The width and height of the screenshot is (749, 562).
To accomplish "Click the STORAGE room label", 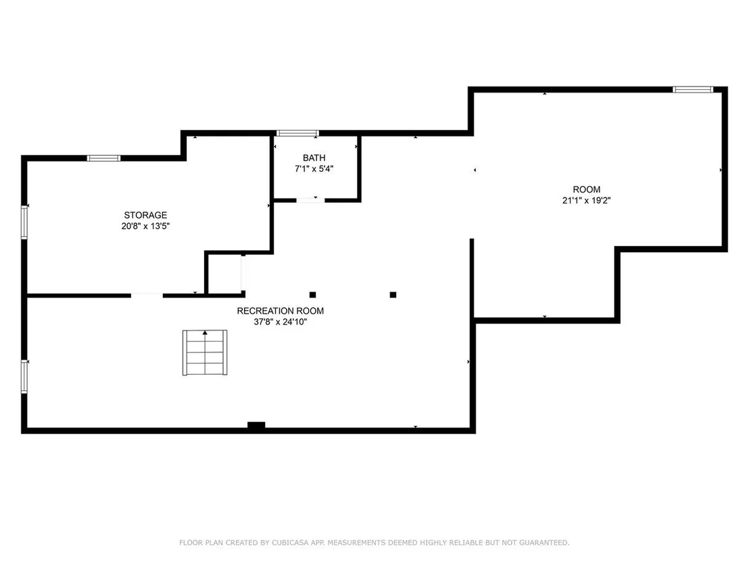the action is tap(145, 215).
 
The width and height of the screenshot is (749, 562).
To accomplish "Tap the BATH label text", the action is tap(314, 158).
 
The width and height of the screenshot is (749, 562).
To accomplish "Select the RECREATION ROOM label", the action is tap(281, 310).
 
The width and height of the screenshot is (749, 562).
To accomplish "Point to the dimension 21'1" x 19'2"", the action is tap(587, 200).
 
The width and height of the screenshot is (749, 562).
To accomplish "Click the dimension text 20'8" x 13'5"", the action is tap(145, 226).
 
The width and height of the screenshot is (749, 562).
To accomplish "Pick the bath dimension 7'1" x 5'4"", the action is tap(314, 168).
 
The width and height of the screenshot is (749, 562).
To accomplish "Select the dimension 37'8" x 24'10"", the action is tap(281, 322).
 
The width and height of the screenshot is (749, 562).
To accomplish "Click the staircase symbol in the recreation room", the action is tap(205, 352).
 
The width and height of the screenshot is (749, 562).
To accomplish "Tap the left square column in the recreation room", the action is tap(312, 295).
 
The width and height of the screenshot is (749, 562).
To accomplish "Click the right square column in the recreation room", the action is tap(393, 295).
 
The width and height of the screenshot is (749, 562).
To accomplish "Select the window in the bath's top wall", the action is tap(297, 133).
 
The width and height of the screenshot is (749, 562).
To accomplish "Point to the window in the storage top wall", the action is tap(103, 158).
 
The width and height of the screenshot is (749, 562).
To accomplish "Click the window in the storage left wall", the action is tap(24, 222).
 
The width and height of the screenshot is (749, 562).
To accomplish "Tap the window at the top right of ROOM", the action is tap(693, 89).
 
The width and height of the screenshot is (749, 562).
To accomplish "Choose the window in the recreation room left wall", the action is tap(24, 377).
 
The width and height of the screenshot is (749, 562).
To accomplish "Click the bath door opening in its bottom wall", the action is tap(310, 200).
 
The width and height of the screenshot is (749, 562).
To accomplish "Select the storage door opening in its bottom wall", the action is tap(147, 296).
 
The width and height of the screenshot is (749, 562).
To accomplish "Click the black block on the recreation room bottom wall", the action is tap(256, 425).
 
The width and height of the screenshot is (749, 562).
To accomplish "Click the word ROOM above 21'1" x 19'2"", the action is tap(587, 189).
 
